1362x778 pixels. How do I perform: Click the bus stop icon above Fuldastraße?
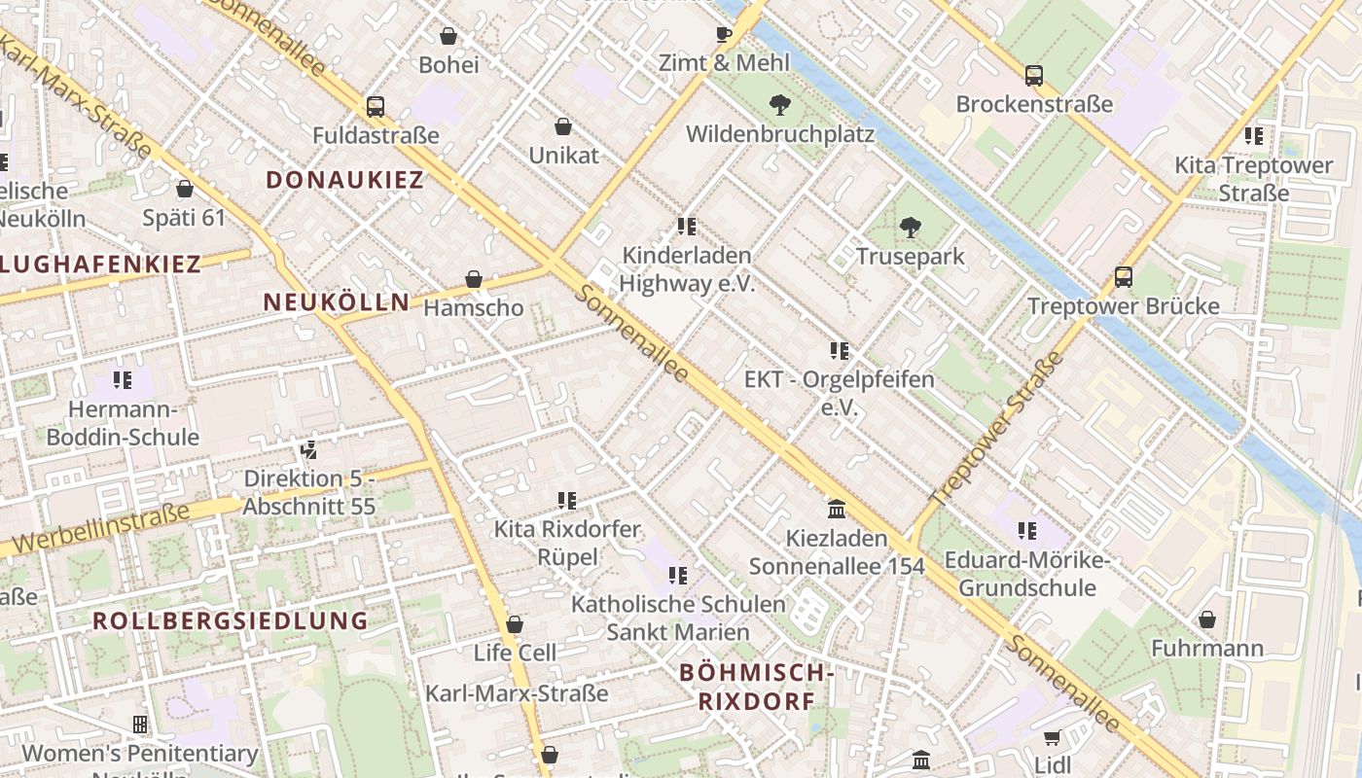[x=376, y=107]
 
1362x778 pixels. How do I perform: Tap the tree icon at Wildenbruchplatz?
[x=779, y=105]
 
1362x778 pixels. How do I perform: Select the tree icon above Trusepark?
[x=911, y=229]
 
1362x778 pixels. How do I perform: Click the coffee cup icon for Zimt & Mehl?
[x=723, y=35]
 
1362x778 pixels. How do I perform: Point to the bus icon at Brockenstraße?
[x=1034, y=76]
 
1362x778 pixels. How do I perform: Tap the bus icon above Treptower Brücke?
[x=1124, y=277]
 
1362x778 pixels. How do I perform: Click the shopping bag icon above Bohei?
[x=448, y=37]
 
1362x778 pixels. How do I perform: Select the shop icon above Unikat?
[x=563, y=126]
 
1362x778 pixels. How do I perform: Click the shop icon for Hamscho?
[x=474, y=280]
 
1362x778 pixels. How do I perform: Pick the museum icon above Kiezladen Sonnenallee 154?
[x=837, y=510]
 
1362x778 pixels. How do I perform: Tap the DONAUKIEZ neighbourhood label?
[x=345, y=180]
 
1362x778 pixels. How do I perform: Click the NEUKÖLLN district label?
[x=337, y=302]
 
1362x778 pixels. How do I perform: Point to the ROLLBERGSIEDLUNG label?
[x=231, y=621]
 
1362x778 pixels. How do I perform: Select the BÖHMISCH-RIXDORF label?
[x=756, y=686]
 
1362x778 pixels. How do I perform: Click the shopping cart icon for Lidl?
[x=1052, y=738]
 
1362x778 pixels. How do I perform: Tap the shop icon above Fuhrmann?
[x=1207, y=619]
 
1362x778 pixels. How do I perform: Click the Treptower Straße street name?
[x=998, y=429]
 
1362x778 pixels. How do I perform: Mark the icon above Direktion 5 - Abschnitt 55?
[x=308, y=450]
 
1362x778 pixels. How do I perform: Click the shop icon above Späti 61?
[x=185, y=189]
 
